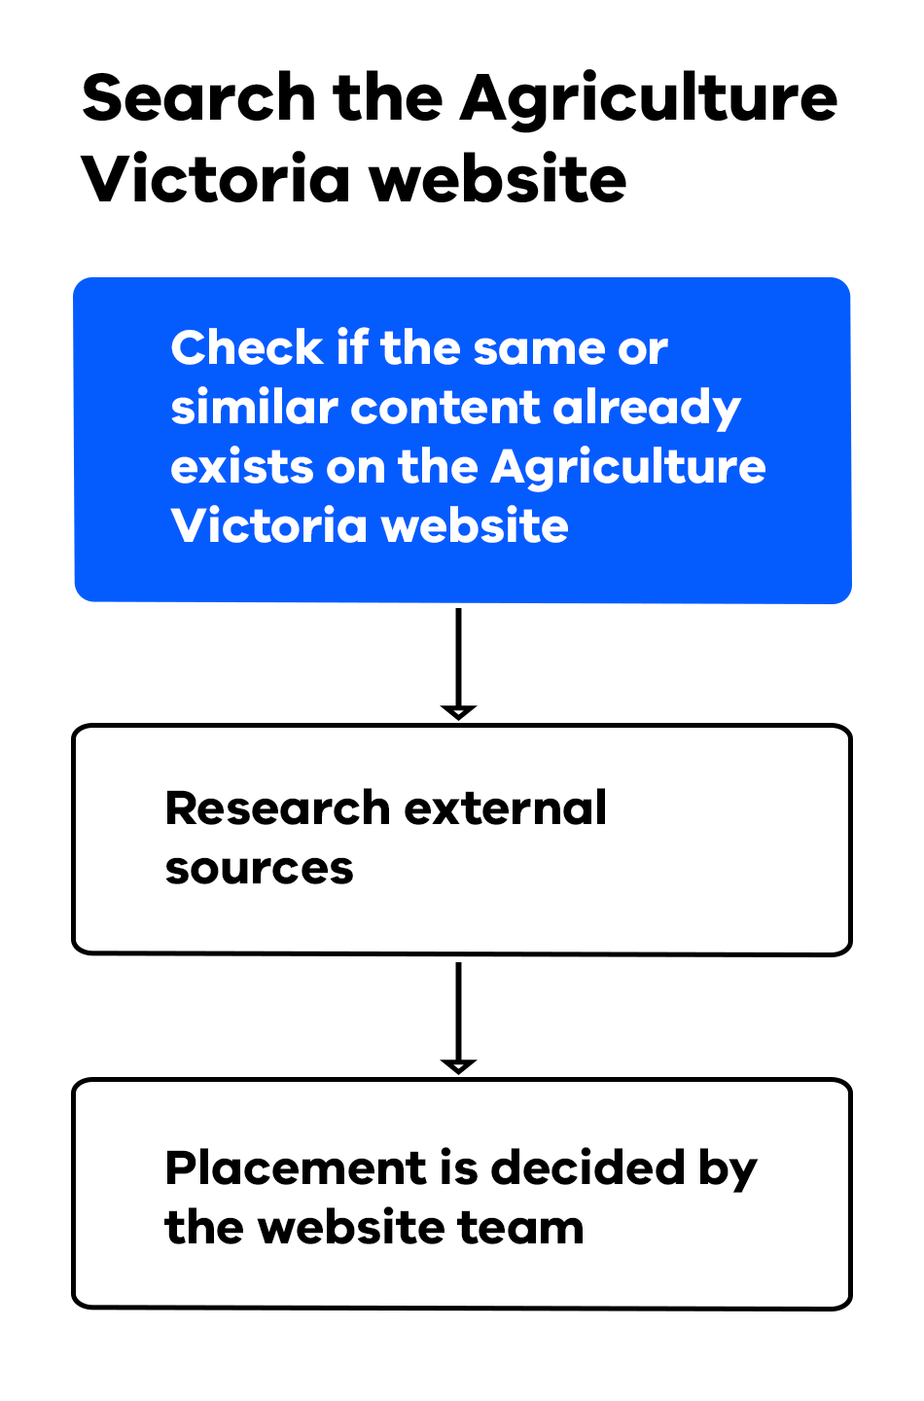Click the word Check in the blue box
(246, 348)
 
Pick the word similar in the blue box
(253, 408)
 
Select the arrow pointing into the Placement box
(458, 1018)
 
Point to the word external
(506, 808)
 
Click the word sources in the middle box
(259, 868)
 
